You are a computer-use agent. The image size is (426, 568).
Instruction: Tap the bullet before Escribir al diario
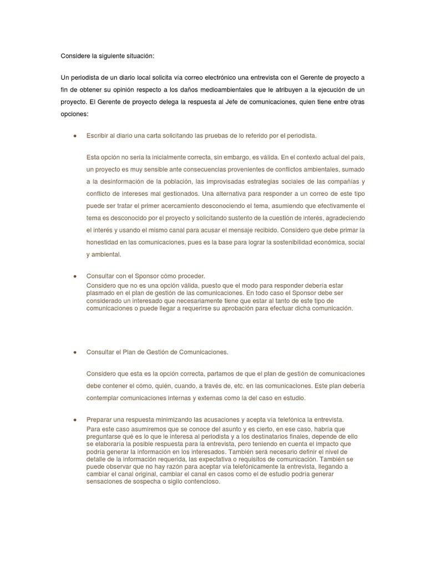(x=75, y=135)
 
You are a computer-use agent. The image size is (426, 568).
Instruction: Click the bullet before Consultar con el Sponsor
(x=75, y=276)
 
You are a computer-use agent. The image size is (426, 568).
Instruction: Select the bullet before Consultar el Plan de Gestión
(x=75, y=352)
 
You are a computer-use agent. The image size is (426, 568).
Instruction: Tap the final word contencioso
(x=200, y=482)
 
